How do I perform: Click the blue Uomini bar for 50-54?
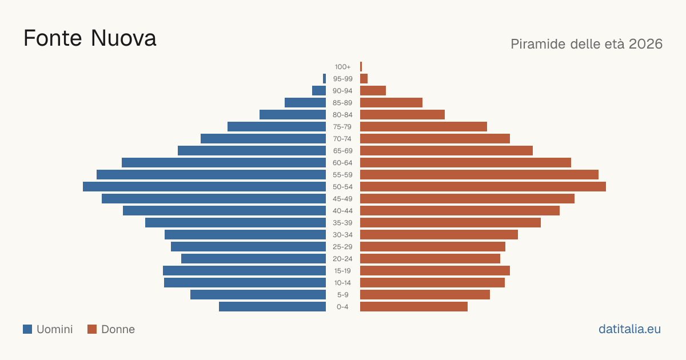[x=204, y=187]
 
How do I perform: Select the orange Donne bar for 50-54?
[x=483, y=187]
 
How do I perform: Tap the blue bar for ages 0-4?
[x=272, y=307]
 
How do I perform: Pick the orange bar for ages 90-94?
[x=373, y=91]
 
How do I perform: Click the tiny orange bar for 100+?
[x=361, y=67]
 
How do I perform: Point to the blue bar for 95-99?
[x=324, y=79]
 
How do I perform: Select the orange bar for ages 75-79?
[x=424, y=127]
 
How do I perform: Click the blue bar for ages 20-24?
[x=254, y=259]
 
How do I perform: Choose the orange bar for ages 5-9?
[x=425, y=295]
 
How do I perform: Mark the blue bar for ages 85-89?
[x=305, y=102]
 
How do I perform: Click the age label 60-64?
[x=342, y=163]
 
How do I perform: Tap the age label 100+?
[x=342, y=67]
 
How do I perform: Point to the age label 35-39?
[x=342, y=223]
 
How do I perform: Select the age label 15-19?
[x=342, y=271]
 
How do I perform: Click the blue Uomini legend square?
[x=27, y=329]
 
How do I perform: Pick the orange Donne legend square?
[x=92, y=329]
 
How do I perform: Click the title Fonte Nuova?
[x=90, y=38]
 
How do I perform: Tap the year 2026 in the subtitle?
[x=645, y=44]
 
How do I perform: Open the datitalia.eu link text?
[x=629, y=329]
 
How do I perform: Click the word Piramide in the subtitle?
[x=538, y=44]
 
